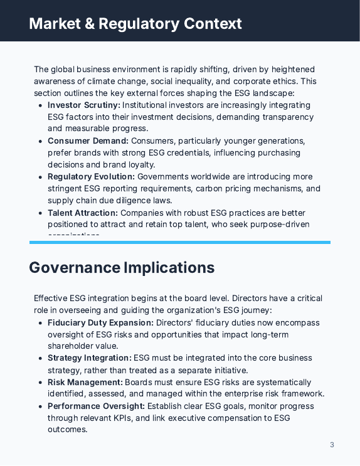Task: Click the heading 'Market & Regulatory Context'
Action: [x=135, y=24]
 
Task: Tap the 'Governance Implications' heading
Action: [x=122, y=267]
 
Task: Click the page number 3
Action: [x=332, y=445]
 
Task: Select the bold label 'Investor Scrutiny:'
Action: [x=83, y=105]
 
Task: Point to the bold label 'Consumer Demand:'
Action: [x=88, y=141]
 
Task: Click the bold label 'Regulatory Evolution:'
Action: [x=91, y=177]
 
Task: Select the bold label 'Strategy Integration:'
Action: [x=90, y=358]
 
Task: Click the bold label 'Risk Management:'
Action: [x=85, y=382]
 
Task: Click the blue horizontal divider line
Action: [x=180, y=242]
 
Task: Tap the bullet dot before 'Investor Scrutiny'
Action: [x=41, y=105]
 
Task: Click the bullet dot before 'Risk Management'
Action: [x=41, y=382]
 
